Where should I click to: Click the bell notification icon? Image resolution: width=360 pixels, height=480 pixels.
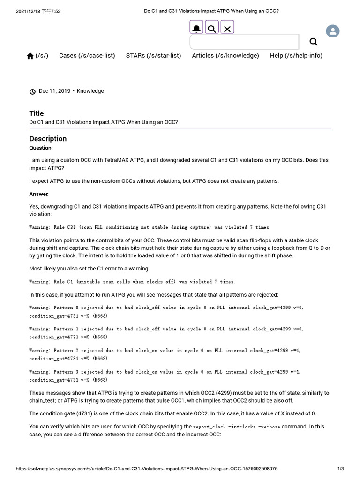pyautogui.click(x=197, y=29)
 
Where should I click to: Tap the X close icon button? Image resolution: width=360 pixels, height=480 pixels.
pyautogui.click(x=227, y=29)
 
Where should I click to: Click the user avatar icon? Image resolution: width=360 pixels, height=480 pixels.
pyautogui.click(x=333, y=31)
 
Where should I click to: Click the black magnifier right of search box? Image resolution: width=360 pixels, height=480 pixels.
pyautogui.click(x=314, y=42)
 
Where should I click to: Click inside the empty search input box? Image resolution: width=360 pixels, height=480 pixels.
pyautogui.click(x=244, y=42)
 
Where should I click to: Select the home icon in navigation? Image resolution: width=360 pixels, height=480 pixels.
pyautogui.click(x=30, y=56)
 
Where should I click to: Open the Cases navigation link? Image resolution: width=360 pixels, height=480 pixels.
pyautogui.click(x=87, y=55)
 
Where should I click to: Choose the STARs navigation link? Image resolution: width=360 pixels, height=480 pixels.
pyautogui.click(x=153, y=55)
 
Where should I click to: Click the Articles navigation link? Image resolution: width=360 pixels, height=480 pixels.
pyautogui.click(x=225, y=55)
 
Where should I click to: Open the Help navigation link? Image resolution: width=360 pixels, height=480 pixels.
pyautogui.click(x=296, y=55)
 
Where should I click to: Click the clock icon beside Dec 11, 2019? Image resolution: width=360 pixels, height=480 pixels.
pyautogui.click(x=32, y=91)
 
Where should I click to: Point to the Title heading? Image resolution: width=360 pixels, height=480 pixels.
pyautogui.click(x=37, y=113)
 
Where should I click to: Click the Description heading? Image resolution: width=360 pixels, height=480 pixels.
pyautogui.click(x=48, y=139)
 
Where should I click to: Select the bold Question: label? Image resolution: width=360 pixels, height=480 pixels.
pyautogui.click(x=41, y=148)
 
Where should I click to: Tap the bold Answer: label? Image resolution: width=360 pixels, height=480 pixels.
pyautogui.click(x=38, y=194)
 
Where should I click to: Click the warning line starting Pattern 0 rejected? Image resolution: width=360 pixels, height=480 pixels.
pyautogui.click(x=166, y=307)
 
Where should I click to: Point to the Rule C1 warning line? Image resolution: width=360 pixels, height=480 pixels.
pyautogui.click(x=132, y=282)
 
